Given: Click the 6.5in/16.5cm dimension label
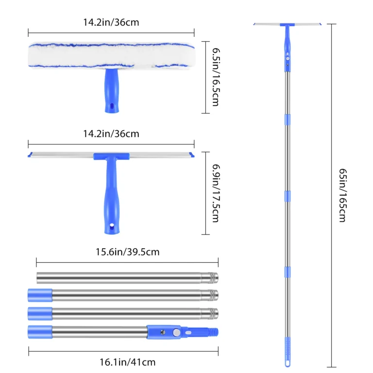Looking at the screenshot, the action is point(216,77).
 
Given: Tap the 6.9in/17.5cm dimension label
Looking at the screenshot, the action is point(216,193).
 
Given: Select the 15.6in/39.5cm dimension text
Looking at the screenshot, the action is point(128,252).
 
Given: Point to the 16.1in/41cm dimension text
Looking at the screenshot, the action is point(128,362).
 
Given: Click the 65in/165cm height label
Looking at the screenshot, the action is point(343,195).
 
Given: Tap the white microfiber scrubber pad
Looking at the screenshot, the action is point(112,56).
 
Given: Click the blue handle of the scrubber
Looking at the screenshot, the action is point(112,91).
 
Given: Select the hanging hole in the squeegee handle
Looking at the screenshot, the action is point(112,225).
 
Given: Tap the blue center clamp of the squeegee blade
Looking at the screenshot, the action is point(111,156).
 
